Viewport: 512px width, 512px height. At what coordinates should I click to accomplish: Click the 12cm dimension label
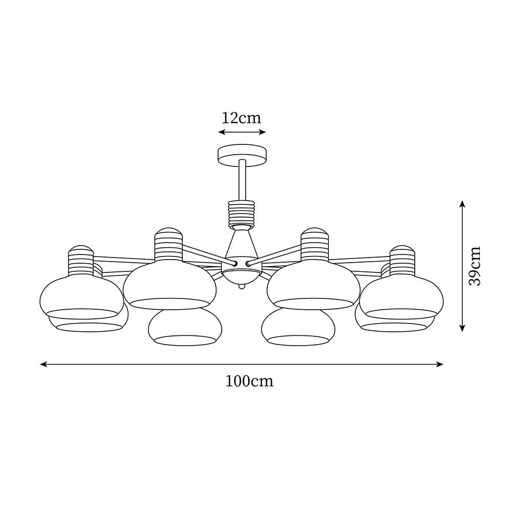pyautogui.click(x=242, y=118)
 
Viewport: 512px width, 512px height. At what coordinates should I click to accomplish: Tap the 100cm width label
pyautogui.click(x=249, y=381)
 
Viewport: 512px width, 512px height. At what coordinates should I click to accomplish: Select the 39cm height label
pyautogui.click(x=475, y=266)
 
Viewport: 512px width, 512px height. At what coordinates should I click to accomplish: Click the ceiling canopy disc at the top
pyautogui.click(x=242, y=156)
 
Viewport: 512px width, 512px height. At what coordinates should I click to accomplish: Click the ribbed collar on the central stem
pyautogui.click(x=242, y=214)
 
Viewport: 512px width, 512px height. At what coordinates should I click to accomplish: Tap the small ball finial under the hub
pyautogui.click(x=242, y=286)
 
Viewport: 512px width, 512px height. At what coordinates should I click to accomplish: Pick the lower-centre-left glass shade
pyautogui.click(x=185, y=328)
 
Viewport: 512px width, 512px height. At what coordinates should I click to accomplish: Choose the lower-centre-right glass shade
pyautogui.click(x=298, y=328)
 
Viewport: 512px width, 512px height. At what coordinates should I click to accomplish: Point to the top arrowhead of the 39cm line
pyautogui.click(x=462, y=204)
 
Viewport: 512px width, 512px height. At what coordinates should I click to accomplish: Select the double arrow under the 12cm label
pyautogui.click(x=242, y=132)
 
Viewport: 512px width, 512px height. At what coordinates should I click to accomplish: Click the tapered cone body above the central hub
pyautogui.click(x=242, y=243)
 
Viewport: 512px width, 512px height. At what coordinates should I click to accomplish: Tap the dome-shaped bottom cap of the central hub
pyautogui.click(x=242, y=276)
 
